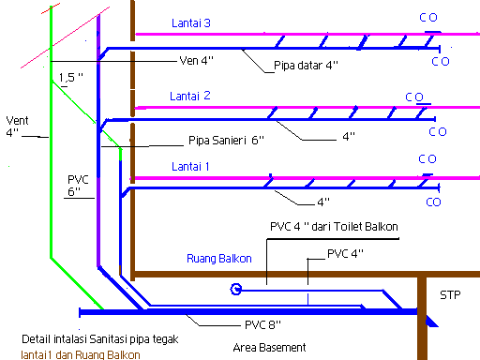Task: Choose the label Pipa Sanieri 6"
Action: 225,140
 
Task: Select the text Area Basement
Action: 269,347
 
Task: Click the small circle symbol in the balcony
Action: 235,290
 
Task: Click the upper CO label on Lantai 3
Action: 427,18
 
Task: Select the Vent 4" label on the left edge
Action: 18,127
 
